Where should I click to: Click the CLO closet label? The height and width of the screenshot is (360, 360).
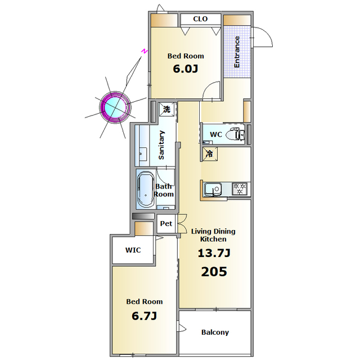[200, 19]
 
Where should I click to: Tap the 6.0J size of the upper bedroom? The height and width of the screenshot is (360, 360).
[185, 69]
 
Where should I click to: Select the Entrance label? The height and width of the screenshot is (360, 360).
[236, 52]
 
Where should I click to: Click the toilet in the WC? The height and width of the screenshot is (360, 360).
[235, 134]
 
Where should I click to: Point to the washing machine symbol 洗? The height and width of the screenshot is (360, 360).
[166, 109]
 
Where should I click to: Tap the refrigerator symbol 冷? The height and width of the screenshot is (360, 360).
[210, 154]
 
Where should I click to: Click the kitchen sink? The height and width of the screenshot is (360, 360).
[213, 190]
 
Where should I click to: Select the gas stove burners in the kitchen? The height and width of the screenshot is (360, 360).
[240, 189]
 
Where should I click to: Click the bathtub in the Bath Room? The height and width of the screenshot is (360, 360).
[146, 190]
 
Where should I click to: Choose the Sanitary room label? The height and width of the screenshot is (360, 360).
[161, 145]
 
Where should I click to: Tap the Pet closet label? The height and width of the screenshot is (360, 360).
[166, 223]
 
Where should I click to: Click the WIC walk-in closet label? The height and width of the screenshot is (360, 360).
[133, 250]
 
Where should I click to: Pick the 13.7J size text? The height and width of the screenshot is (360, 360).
[214, 253]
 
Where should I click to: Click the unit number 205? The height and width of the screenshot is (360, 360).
[214, 272]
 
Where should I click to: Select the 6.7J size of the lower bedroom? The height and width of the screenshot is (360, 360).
[144, 316]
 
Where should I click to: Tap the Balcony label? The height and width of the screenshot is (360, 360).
[215, 332]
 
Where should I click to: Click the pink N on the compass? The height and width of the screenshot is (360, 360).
[144, 51]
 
